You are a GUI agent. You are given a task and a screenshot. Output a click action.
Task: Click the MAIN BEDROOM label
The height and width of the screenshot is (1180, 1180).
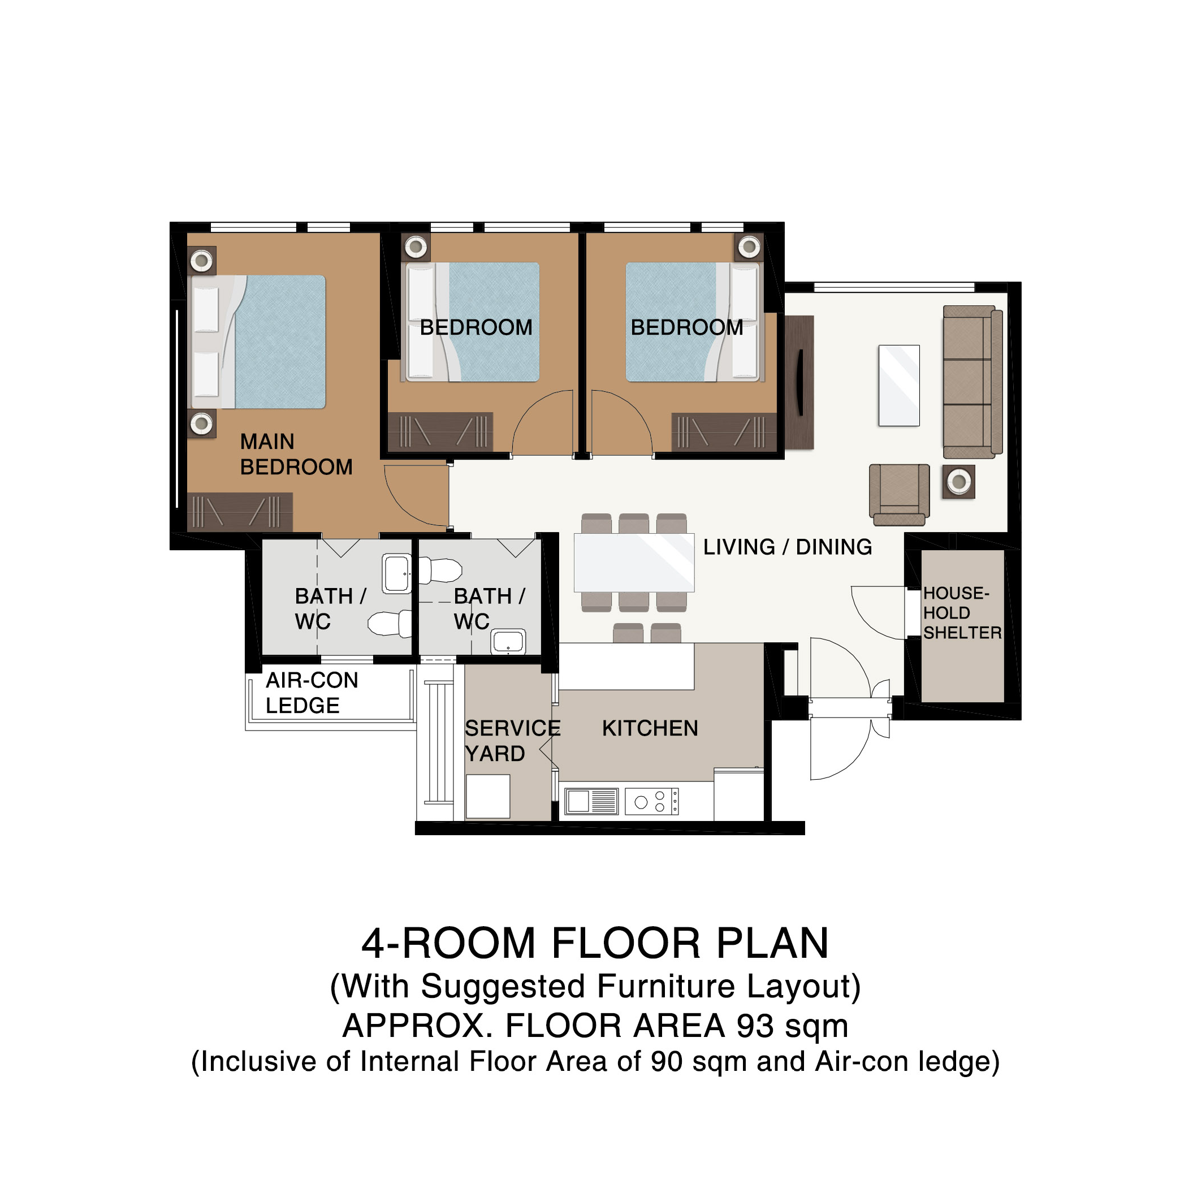pos(296,455)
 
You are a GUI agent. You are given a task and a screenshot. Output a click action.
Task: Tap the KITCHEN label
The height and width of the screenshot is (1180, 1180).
pos(650,728)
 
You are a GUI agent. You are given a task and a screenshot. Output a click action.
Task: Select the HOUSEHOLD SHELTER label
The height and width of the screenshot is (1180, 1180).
pos(962,612)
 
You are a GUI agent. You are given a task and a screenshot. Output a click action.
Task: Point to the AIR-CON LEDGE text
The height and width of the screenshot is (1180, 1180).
pos(312,693)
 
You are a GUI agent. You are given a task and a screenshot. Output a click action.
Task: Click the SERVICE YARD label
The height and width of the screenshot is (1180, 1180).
pos(512,741)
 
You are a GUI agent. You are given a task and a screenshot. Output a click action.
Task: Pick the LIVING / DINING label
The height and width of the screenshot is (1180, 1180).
pos(787,547)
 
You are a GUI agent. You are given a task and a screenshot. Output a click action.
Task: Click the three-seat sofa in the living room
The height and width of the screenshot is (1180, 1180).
pos(972,382)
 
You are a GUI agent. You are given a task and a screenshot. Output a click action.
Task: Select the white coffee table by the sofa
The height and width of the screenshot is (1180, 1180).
pos(899,386)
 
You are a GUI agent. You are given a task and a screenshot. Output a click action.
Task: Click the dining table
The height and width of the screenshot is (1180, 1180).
pos(634,563)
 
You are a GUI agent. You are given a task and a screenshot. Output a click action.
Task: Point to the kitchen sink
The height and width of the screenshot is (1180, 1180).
pos(592,801)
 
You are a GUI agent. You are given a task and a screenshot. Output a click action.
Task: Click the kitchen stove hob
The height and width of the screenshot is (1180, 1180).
pos(651,801)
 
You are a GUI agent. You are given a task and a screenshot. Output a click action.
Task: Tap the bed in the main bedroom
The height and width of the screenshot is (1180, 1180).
pos(258,342)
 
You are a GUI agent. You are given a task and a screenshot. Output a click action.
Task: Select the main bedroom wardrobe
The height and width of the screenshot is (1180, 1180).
pos(239,512)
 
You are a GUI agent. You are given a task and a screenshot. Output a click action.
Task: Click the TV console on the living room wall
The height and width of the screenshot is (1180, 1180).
pos(799,383)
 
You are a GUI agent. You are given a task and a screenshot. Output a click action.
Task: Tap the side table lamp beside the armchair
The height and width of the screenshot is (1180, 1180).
pos(958,482)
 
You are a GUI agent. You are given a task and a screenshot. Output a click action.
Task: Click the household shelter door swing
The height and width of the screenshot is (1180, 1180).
pos(878,612)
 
